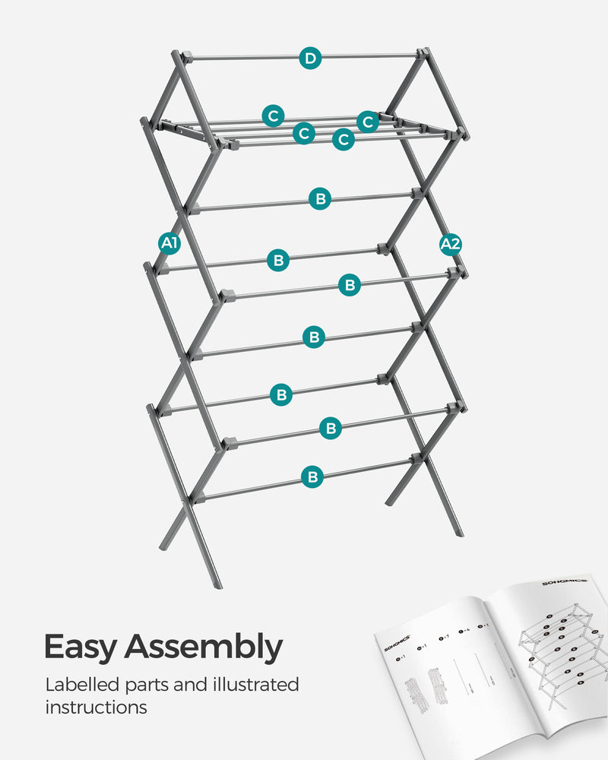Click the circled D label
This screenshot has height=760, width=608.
coord(309,58)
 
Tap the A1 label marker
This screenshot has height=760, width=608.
coord(169,243)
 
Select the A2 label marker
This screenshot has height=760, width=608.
coord(450,244)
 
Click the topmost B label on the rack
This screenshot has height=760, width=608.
coord(320,199)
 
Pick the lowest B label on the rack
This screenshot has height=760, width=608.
coord(312,477)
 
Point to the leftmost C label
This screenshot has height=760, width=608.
coord(274,116)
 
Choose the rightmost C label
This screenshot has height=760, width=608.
coord(368,122)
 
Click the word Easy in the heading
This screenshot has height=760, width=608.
coord(81,647)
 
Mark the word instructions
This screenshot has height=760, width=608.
coord(96,708)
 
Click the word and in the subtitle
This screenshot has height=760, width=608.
coord(199,684)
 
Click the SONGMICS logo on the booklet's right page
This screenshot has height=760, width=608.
coord(563,584)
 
